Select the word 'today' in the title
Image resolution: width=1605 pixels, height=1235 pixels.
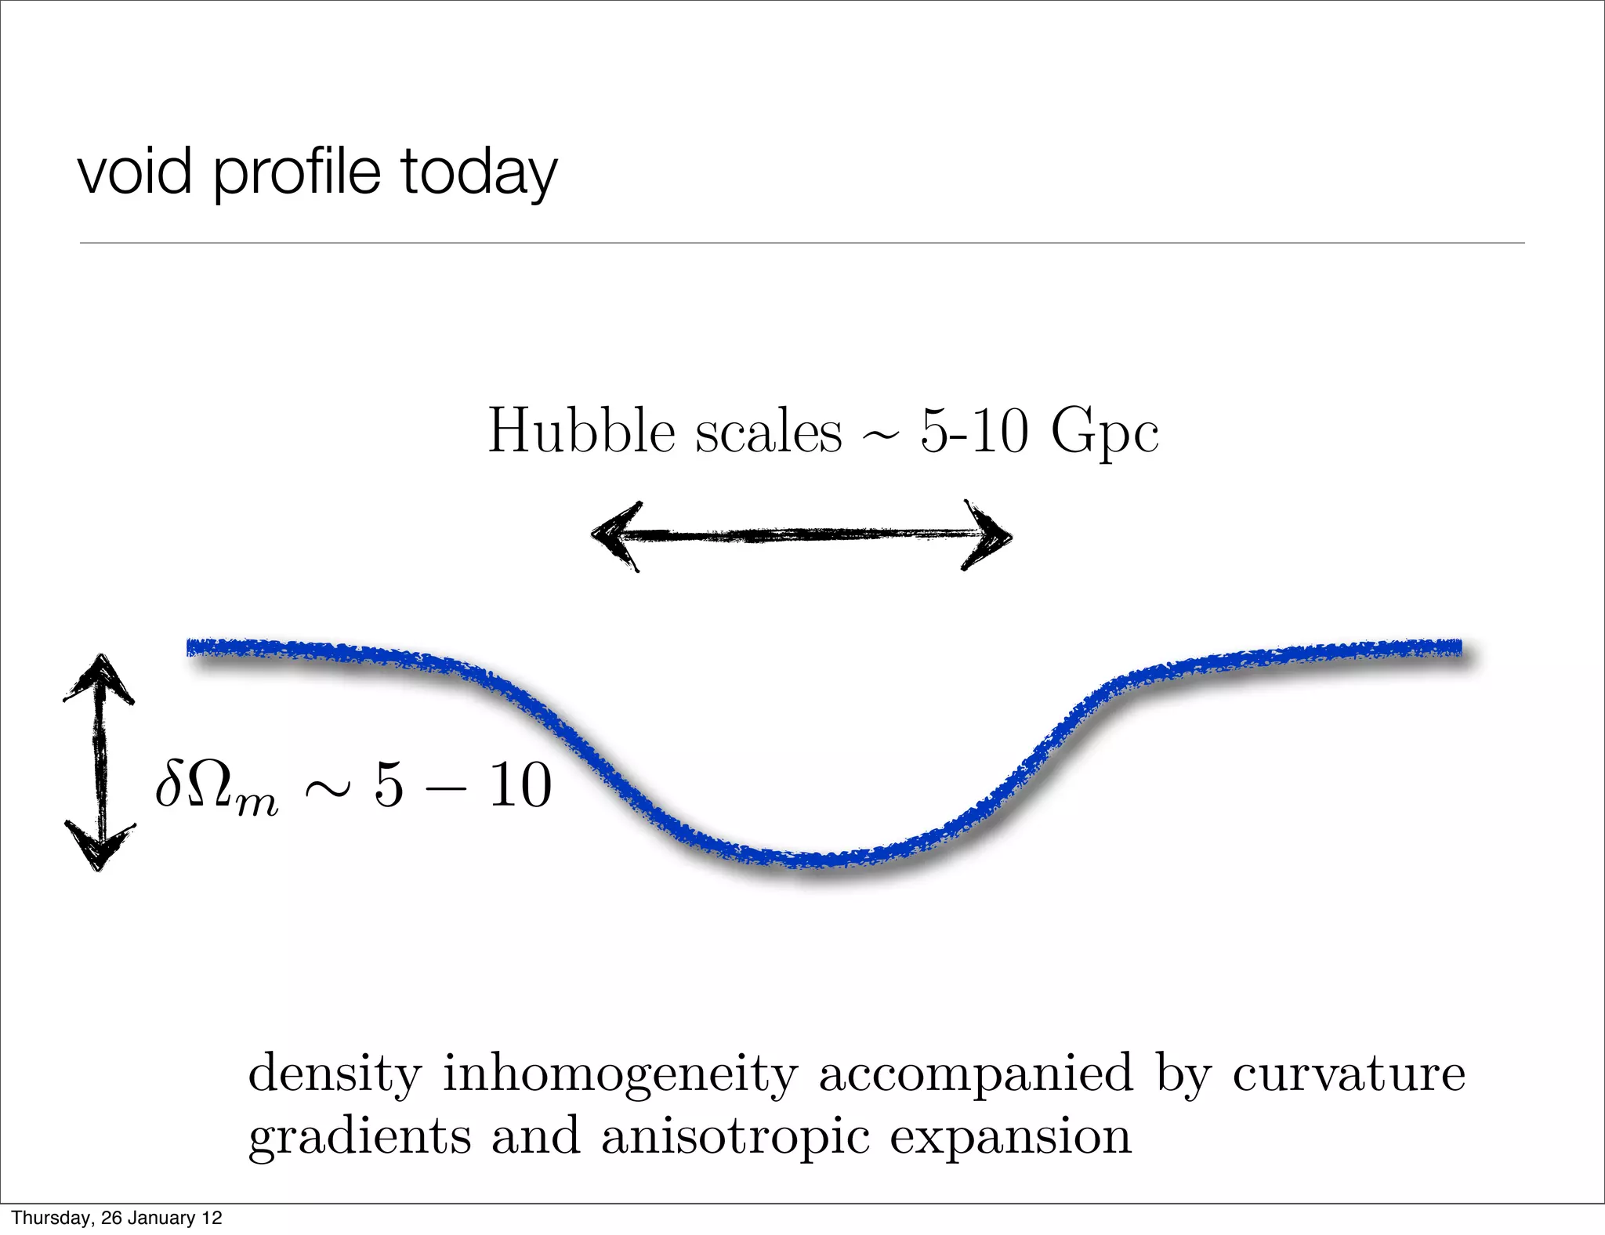click(x=479, y=174)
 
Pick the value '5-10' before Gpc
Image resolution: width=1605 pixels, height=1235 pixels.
click(x=973, y=432)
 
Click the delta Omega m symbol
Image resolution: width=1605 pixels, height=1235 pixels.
click(x=216, y=787)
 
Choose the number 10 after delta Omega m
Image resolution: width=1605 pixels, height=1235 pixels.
click(x=520, y=785)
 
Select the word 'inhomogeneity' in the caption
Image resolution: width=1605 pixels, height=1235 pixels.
click(x=619, y=1074)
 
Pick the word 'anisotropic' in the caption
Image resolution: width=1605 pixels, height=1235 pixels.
click(x=735, y=1136)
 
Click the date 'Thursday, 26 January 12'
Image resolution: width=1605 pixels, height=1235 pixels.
click(x=117, y=1218)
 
